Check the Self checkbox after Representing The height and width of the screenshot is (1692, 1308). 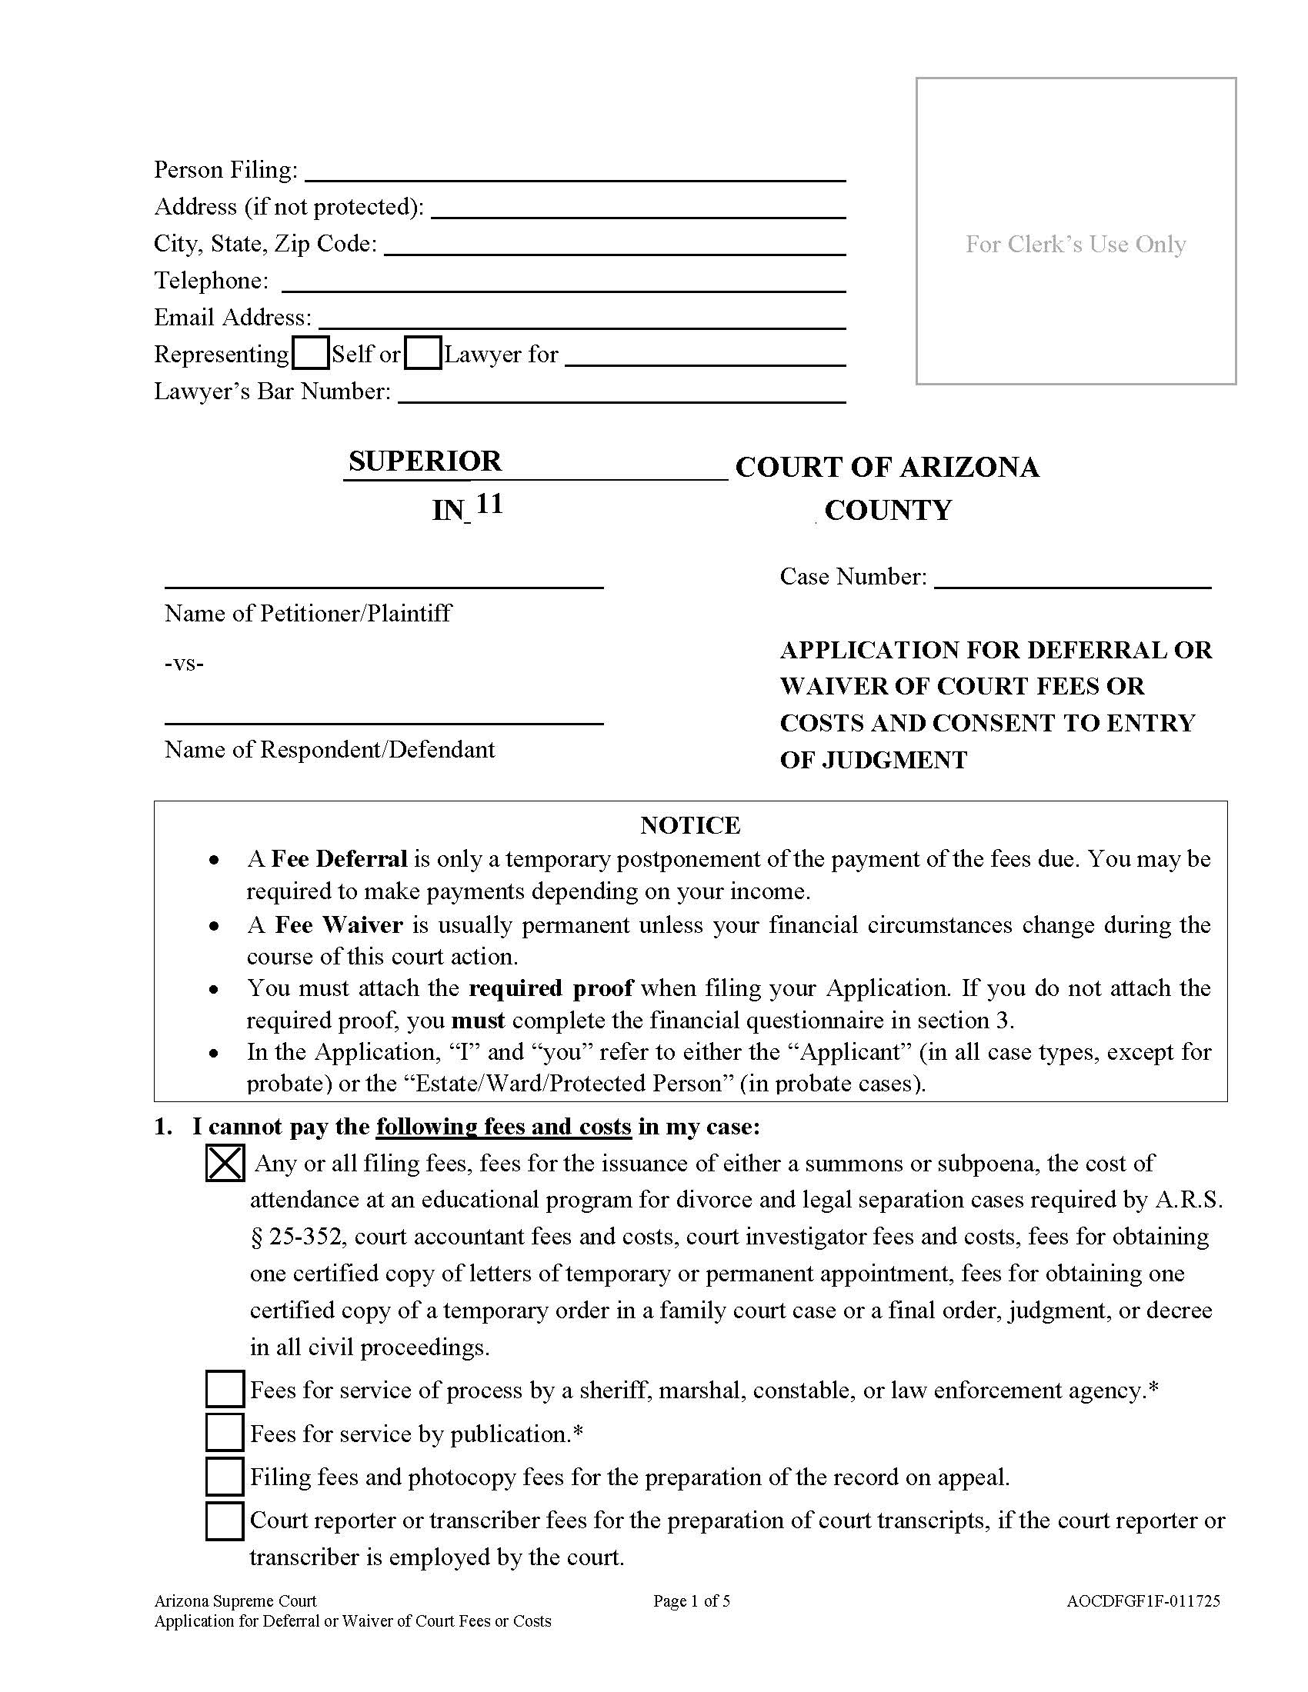(x=312, y=353)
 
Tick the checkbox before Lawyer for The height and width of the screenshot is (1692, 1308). (x=423, y=353)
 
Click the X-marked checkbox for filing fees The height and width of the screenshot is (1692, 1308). (x=225, y=1163)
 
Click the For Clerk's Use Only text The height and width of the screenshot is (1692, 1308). (x=1076, y=244)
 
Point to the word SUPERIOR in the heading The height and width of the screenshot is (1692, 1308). (x=425, y=461)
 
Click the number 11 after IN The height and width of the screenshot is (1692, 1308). (x=489, y=505)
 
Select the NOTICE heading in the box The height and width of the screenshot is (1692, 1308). (x=689, y=825)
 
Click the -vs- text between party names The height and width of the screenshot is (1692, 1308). (x=185, y=663)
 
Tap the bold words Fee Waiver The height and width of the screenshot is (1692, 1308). (x=339, y=925)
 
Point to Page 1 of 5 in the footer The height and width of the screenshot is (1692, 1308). (x=691, y=1600)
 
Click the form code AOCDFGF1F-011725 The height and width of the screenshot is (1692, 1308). (x=1143, y=1600)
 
